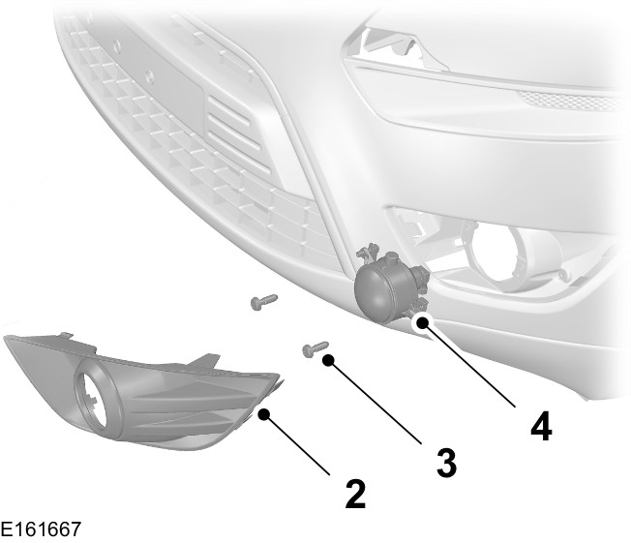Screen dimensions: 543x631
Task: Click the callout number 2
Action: click(355, 493)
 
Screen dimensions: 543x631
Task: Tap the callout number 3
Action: click(445, 461)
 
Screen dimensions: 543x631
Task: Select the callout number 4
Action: click(541, 425)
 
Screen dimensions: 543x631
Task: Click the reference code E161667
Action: click(41, 529)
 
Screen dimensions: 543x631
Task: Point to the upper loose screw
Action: click(262, 302)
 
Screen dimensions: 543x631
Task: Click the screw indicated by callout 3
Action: click(315, 347)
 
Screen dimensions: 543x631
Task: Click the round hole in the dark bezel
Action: click(95, 398)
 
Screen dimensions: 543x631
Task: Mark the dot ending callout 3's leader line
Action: click(329, 359)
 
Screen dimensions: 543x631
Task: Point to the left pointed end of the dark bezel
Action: click(12, 342)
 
